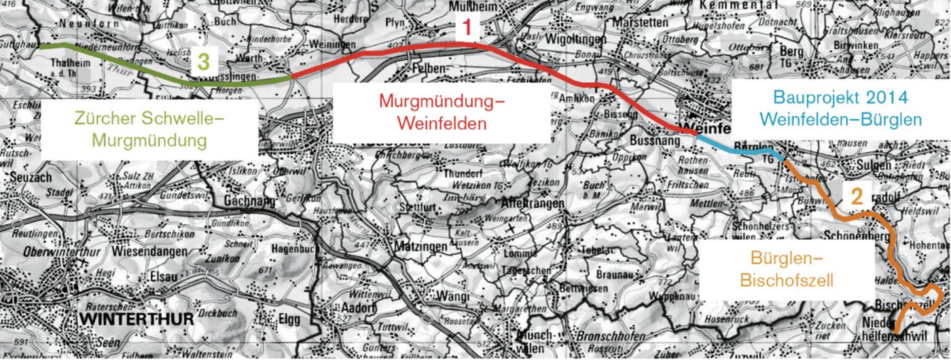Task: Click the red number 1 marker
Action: click(468, 29)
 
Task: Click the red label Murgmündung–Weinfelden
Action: click(442, 113)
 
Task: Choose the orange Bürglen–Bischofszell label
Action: click(786, 268)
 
